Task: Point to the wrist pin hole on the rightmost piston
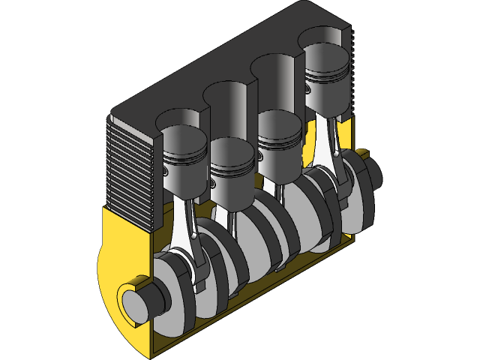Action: [308, 88]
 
